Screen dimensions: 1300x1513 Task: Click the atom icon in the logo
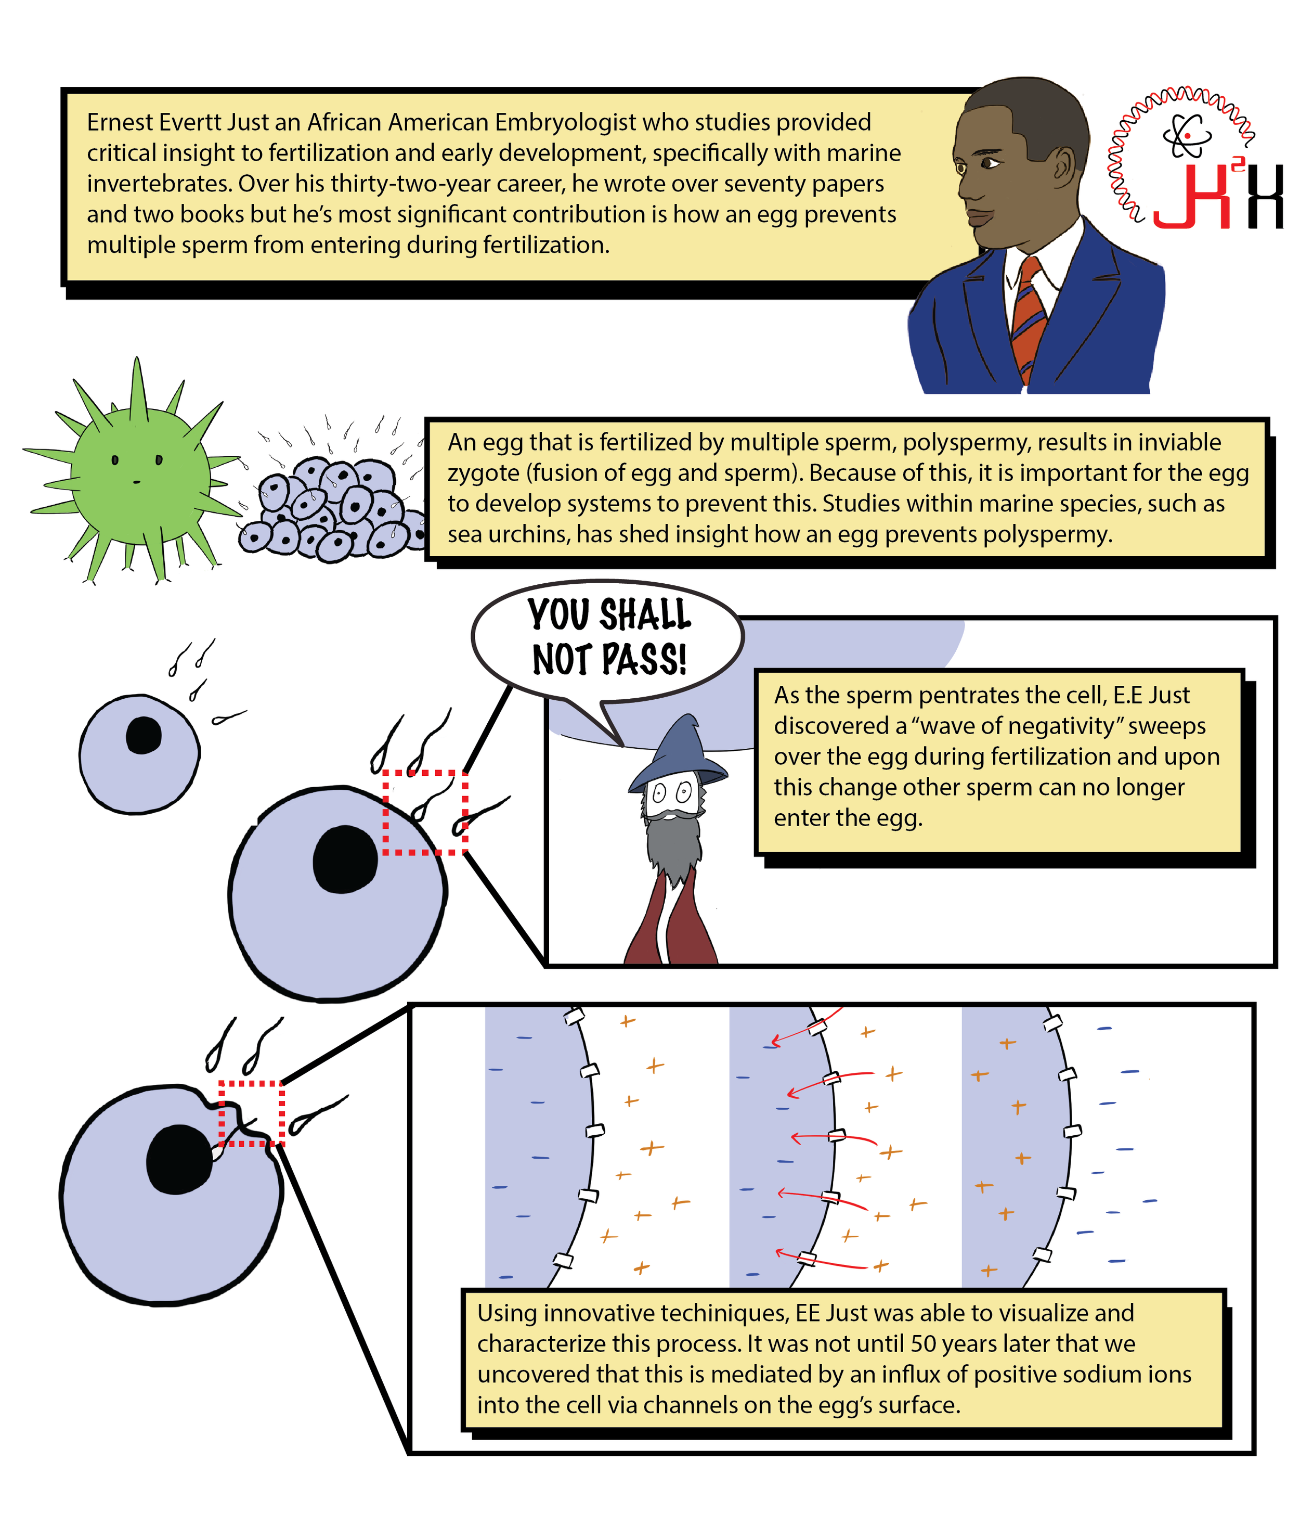tap(1186, 136)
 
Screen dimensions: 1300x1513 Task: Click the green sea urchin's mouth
tap(136, 482)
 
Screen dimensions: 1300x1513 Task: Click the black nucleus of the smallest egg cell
tap(143, 735)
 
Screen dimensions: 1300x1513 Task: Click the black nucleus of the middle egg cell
tap(345, 860)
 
